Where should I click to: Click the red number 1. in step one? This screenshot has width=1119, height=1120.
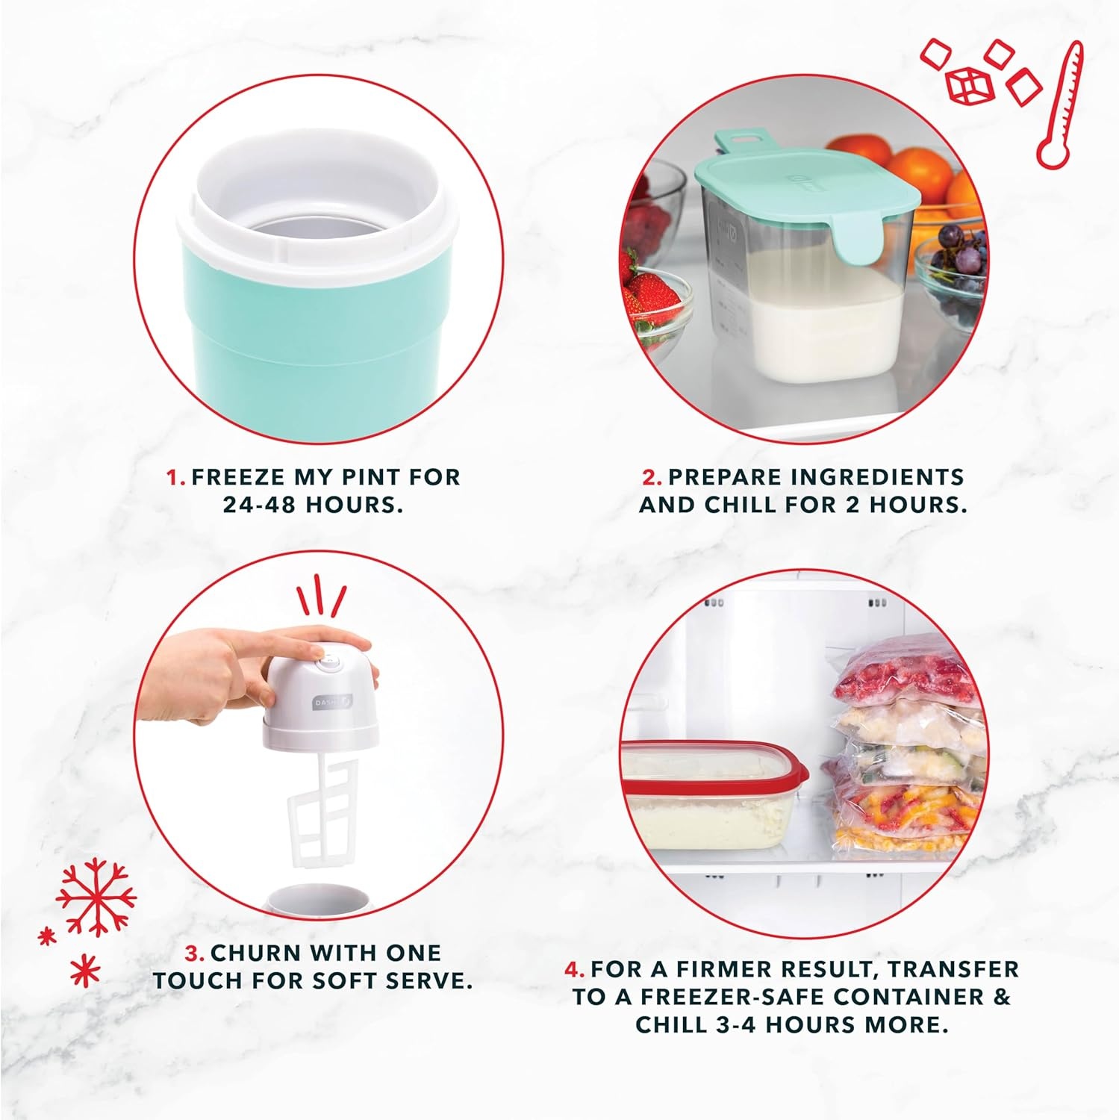tap(176, 477)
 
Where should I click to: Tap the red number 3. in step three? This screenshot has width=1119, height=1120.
tap(195, 953)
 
